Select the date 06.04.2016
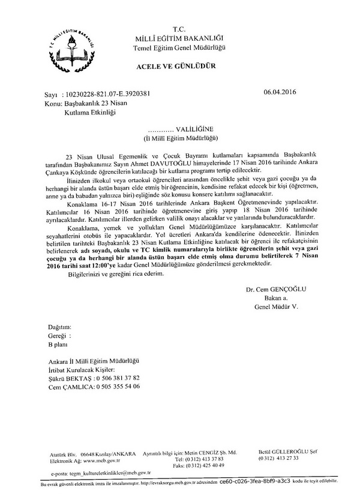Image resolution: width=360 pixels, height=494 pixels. point(280,93)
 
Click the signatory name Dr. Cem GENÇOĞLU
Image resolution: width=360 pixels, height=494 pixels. point(275,290)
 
